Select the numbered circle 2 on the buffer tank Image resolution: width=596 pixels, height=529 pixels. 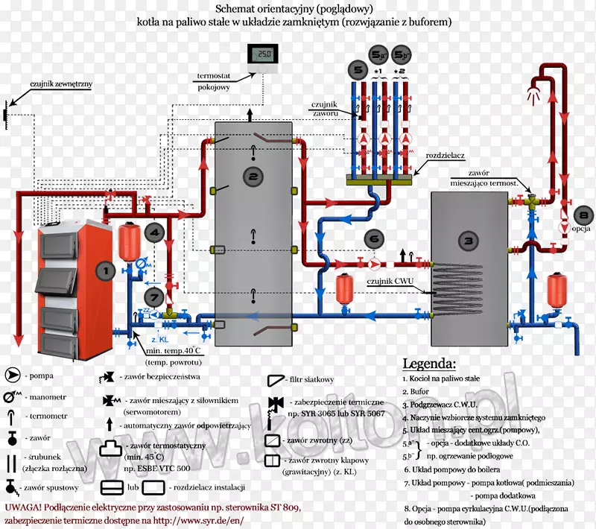(x=253, y=177)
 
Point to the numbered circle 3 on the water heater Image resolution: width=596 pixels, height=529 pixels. (x=468, y=241)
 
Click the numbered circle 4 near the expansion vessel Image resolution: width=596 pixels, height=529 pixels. (x=153, y=232)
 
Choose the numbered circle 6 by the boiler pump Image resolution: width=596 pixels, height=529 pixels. (x=372, y=239)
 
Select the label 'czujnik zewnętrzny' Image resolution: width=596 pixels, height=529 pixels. (x=61, y=84)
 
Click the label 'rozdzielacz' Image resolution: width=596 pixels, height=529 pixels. (x=446, y=156)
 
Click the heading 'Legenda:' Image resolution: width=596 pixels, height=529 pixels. (x=429, y=364)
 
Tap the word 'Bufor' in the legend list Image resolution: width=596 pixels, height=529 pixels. (x=421, y=393)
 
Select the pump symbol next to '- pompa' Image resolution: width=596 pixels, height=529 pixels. (x=14, y=375)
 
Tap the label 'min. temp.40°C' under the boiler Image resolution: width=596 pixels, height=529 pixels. (x=174, y=350)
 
